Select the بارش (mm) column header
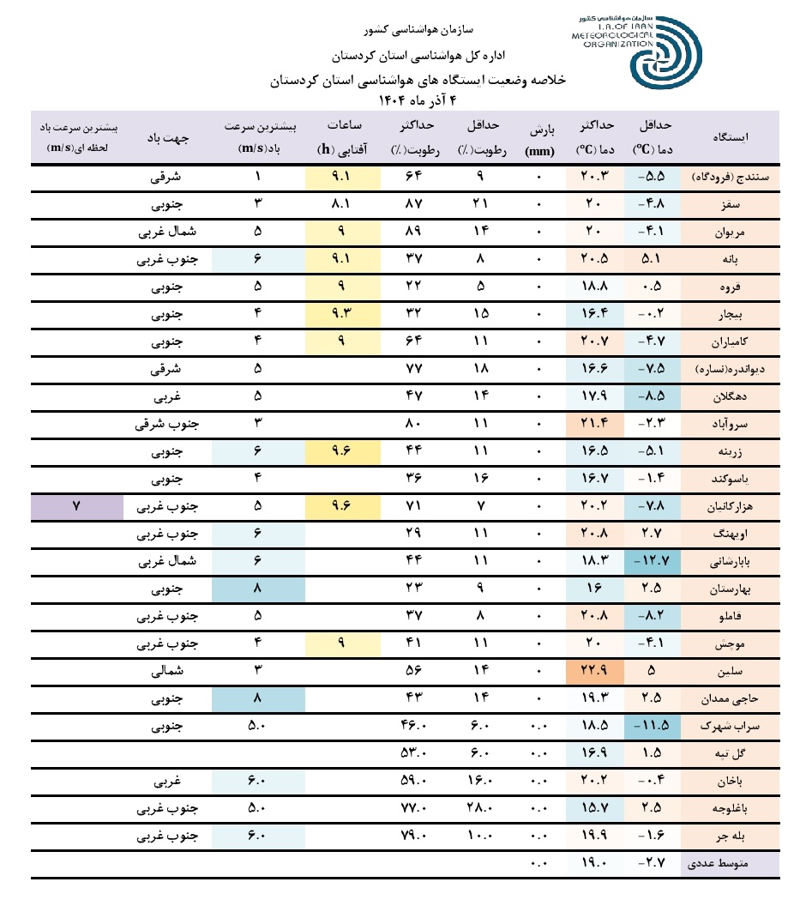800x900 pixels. point(539,137)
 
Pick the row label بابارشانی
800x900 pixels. point(734,563)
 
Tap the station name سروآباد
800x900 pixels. point(734,425)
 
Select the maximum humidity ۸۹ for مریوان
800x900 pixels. point(422,233)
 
